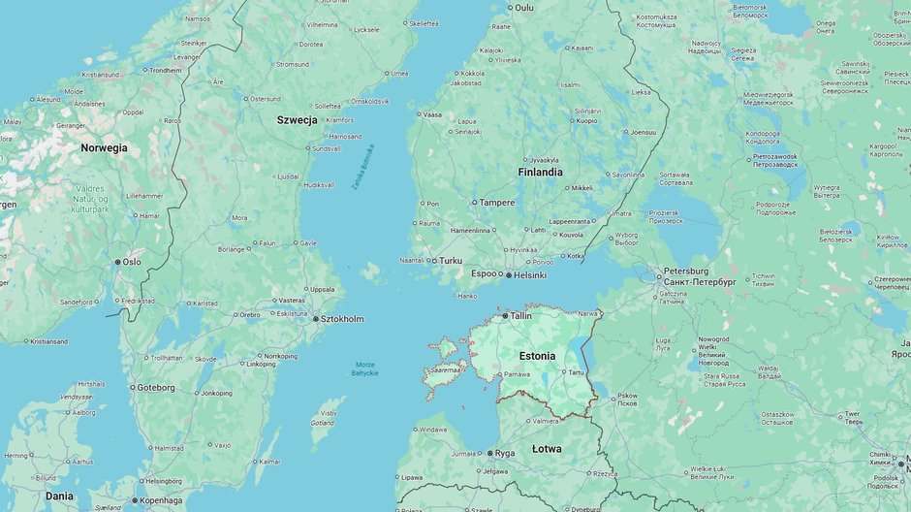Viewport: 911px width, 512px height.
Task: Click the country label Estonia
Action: tap(537, 356)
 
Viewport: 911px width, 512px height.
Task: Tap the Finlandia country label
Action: tap(540, 172)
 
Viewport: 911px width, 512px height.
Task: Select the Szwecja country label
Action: tap(297, 119)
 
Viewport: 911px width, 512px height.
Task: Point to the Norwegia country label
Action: tap(104, 148)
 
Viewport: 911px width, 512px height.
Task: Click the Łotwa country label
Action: tap(547, 449)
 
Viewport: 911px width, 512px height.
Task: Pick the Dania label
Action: tap(59, 496)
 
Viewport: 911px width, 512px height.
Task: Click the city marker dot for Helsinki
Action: tap(509, 275)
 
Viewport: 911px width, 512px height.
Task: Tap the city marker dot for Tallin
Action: tap(505, 316)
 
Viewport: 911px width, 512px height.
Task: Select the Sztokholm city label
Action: tap(342, 319)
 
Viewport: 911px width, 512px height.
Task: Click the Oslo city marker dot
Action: tap(118, 262)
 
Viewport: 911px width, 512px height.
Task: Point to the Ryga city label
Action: tap(505, 453)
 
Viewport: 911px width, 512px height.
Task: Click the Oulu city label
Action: tap(524, 8)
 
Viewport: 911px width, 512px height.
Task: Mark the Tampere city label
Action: tap(497, 203)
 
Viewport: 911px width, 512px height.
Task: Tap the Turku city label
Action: tap(451, 261)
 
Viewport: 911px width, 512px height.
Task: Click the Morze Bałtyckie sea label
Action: tap(365, 368)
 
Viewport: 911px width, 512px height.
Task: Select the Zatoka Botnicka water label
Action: tap(362, 167)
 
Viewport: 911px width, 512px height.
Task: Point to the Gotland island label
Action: tap(322, 423)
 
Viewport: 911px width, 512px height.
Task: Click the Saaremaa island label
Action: tap(446, 369)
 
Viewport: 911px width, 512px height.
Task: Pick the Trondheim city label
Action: tap(166, 70)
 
